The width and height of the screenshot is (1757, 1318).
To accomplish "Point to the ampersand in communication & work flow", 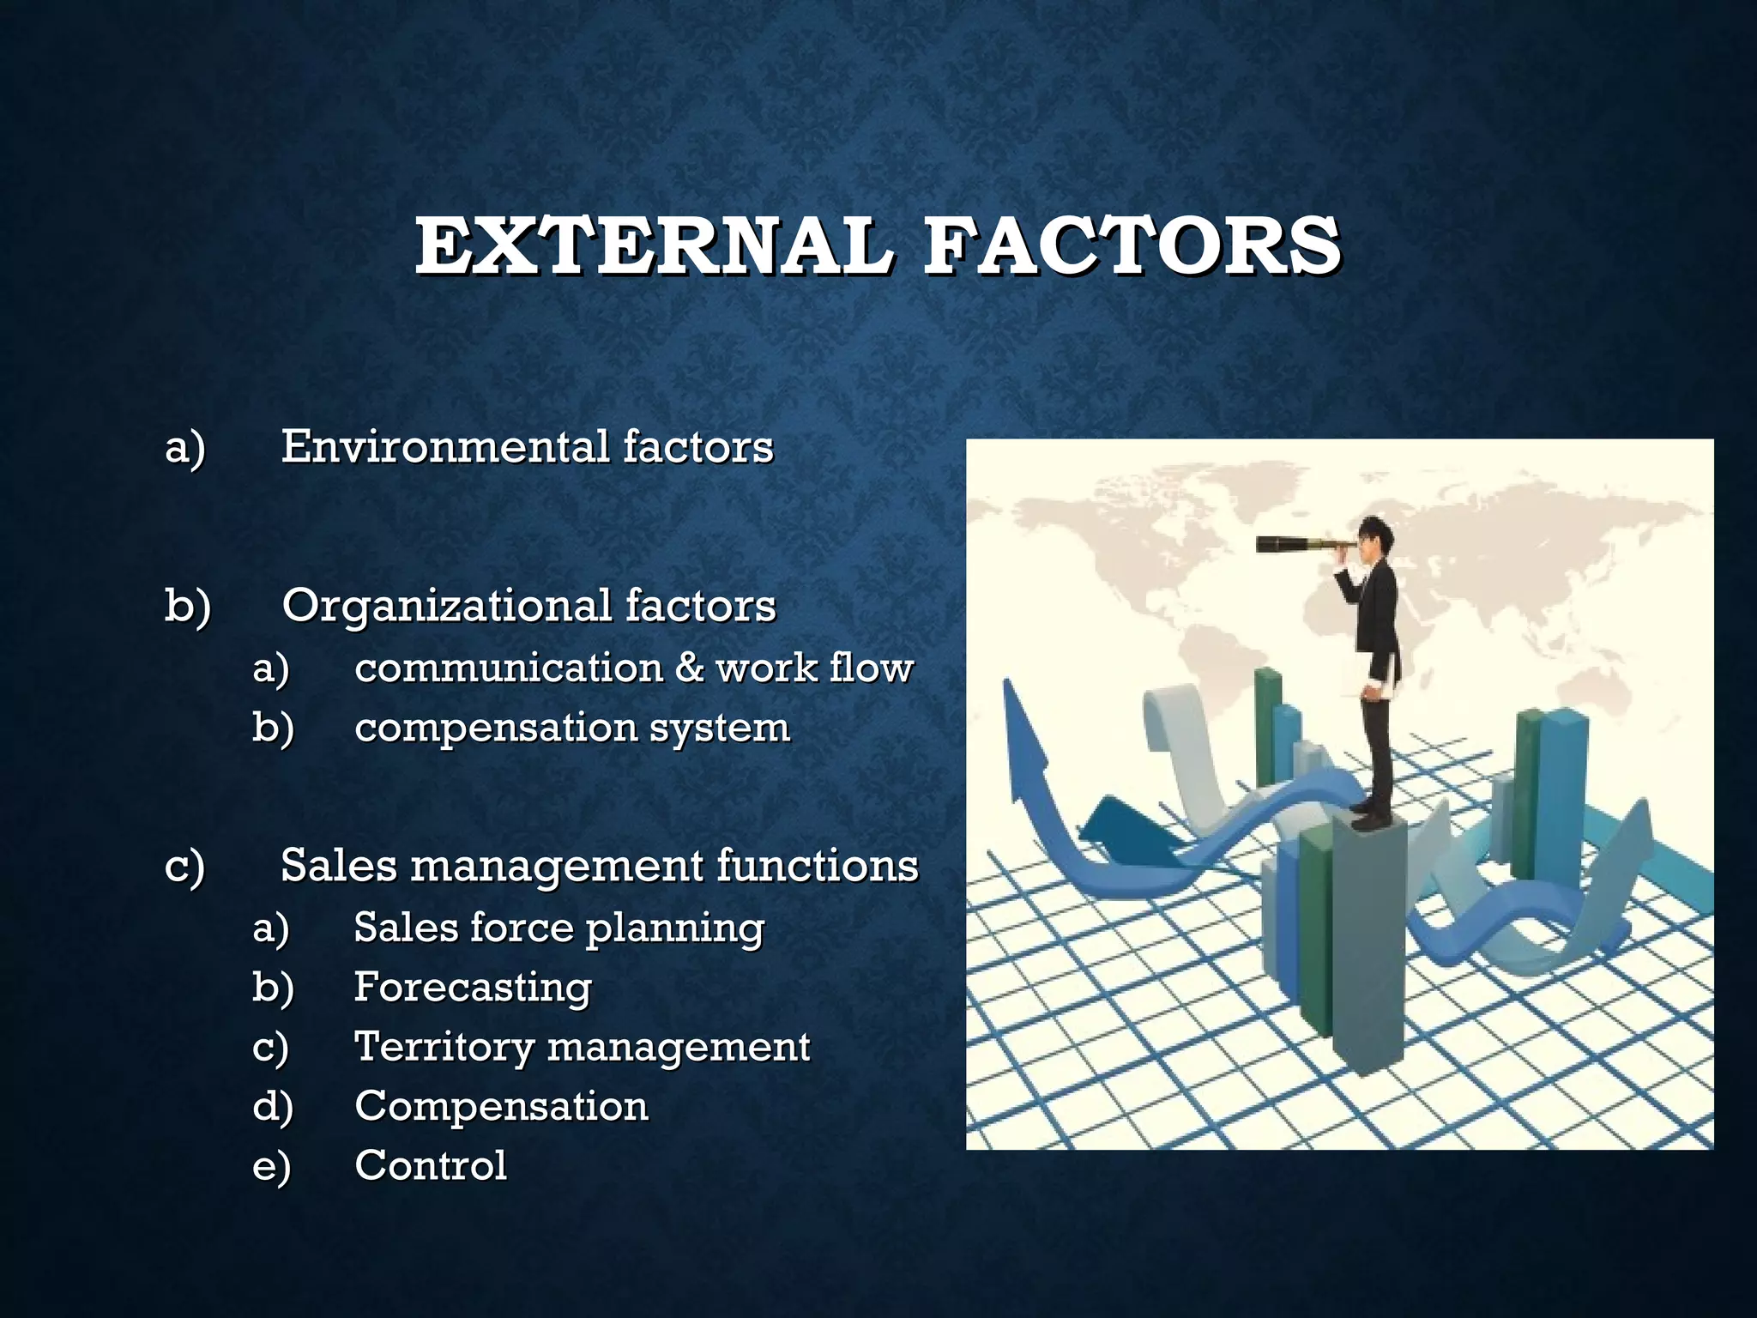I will pyautogui.click(x=689, y=668).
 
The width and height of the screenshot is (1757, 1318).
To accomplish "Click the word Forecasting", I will pyautogui.click(x=473, y=988).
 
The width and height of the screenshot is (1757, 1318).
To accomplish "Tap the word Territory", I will pyautogui.click(x=444, y=1048).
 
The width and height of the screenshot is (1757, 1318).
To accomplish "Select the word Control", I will pyautogui.click(x=431, y=1165).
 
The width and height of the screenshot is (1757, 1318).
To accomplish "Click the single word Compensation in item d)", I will pyautogui.click(x=501, y=1106).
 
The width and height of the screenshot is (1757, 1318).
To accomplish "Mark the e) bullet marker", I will pyautogui.click(x=272, y=1167).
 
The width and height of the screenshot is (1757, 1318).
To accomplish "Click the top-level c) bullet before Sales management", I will pyautogui.click(x=184, y=867).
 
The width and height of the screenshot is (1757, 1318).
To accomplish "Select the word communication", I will pyautogui.click(x=508, y=668).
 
